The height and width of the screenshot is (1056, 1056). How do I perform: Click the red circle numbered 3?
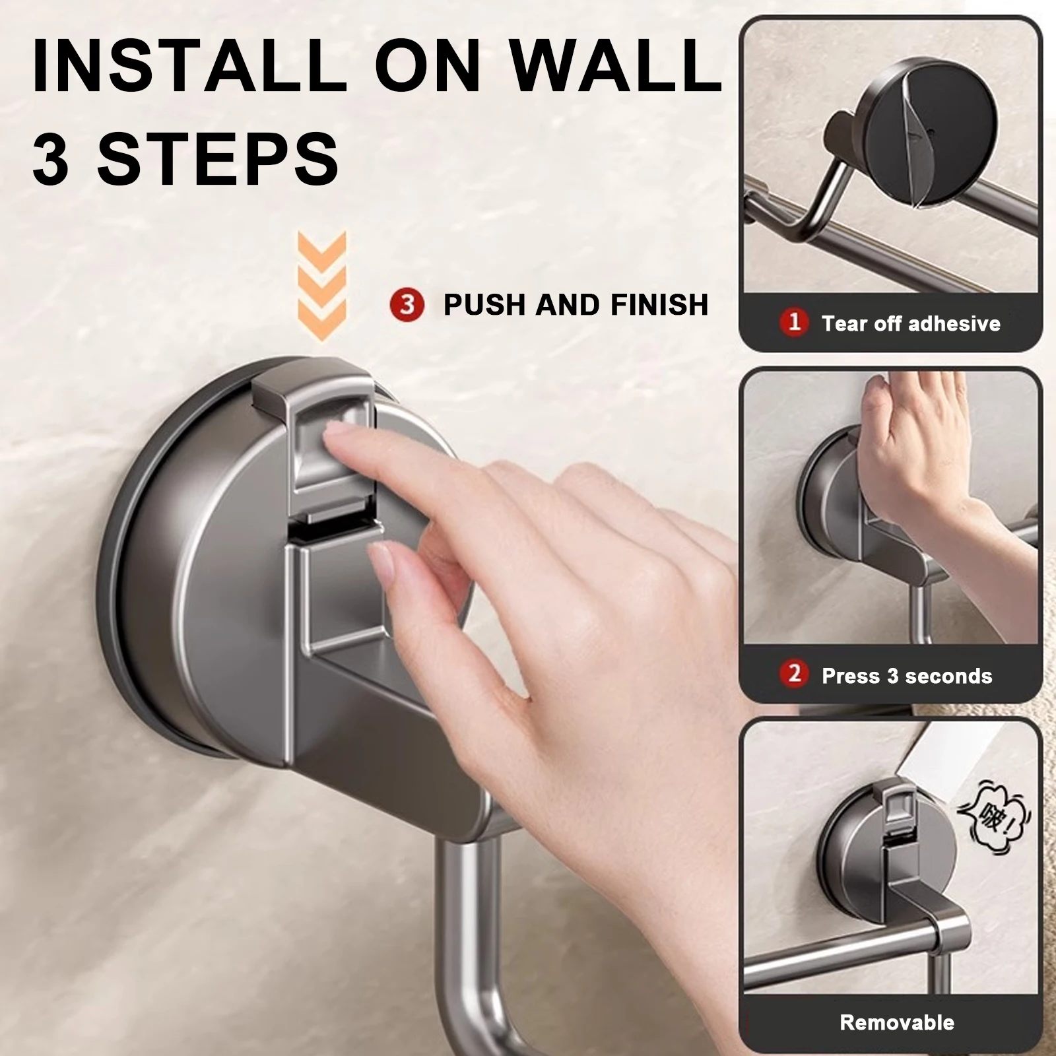[407, 305]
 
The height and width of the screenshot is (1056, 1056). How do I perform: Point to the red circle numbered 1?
[794, 322]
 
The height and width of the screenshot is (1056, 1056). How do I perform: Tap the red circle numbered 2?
[794, 674]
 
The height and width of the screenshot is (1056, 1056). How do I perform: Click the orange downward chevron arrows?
[321, 284]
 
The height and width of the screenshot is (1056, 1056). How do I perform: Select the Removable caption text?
[896, 1022]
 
